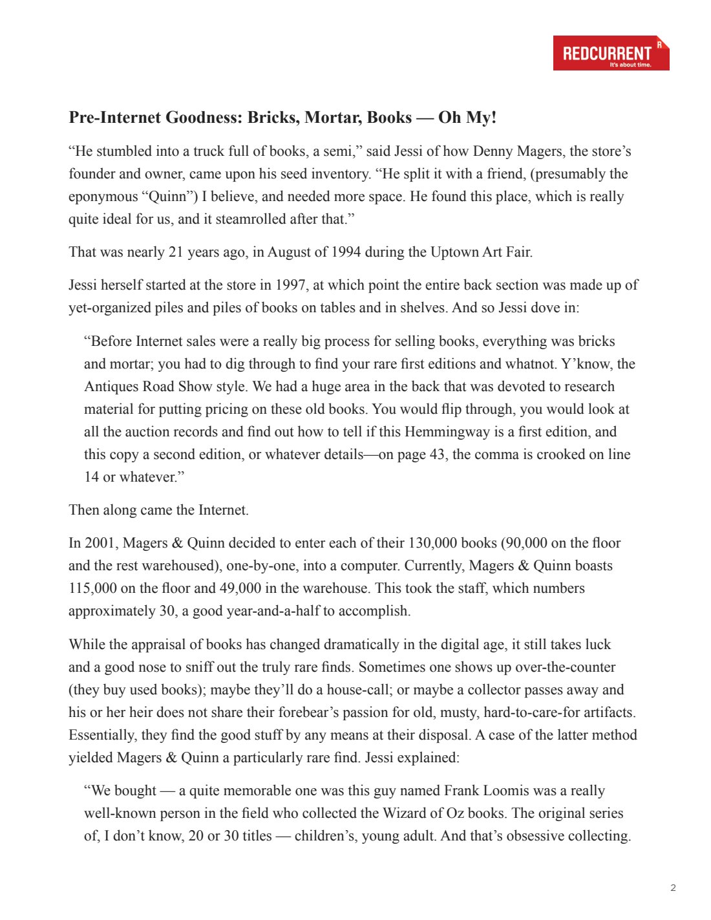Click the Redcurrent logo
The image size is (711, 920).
(x=611, y=53)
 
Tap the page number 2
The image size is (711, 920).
(x=673, y=888)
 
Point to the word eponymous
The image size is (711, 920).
(x=103, y=197)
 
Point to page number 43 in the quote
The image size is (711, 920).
(x=437, y=455)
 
